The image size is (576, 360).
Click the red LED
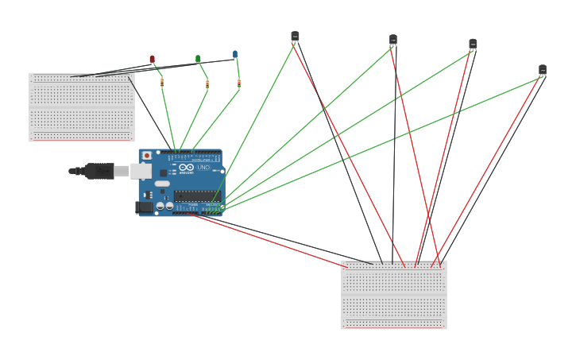tap(153, 59)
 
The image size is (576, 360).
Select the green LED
tap(198, 58)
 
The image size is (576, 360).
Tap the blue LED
tap(235, 54)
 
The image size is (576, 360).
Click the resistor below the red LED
tap(162, 82)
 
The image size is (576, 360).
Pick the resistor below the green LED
tap(207, 83)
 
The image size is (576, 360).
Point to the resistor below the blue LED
tap(238, 83)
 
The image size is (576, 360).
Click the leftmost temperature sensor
tap(295, 36)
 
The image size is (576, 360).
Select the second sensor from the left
tap(393, 40)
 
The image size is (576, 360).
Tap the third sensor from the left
tap(473, 44)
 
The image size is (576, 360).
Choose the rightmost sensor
tap(543, 70)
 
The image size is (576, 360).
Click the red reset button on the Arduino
tap(147, 156)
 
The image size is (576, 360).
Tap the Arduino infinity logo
tap(186, 168)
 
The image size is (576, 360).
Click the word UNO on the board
tap(203, 168)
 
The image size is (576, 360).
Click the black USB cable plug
tap(99, 170)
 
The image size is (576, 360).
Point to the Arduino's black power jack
tap(144, 207)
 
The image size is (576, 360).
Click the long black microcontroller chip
tap(194, 195)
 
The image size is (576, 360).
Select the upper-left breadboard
tap(81, 107)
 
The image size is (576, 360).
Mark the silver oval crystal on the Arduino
tap(162, 184)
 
